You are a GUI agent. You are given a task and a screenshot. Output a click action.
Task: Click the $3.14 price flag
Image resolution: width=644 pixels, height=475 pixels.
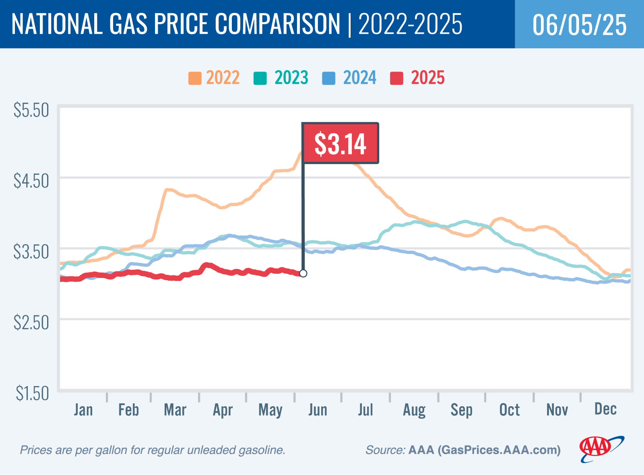pyautogui.click(x=340, y=143)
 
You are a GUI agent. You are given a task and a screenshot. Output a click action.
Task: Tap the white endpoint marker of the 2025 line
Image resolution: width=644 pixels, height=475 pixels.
pyautogui.click(x=303, y=273)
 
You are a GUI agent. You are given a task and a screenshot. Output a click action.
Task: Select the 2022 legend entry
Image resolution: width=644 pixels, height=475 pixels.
pyautogui.click(x=214, y=78)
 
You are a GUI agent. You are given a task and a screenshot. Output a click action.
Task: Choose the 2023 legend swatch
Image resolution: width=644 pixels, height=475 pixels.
pyautogui.click(x=260, y=78)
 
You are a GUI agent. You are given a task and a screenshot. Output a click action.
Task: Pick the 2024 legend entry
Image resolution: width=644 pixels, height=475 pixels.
pyautogui.click(x=350, y=78)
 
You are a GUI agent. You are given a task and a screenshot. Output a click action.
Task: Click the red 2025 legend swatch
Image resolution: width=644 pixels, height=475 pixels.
pyautogui.click(x=396, y=78)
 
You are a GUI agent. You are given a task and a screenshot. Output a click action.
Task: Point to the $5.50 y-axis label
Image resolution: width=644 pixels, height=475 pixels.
pyautogui.click(x=31, y=110)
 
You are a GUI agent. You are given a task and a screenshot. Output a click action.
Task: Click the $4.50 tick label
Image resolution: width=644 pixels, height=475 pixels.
pyautogui.click(x=31, y=181)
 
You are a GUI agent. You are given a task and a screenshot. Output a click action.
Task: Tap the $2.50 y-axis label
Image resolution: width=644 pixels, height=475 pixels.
pyautogui.click(x=31, y=322)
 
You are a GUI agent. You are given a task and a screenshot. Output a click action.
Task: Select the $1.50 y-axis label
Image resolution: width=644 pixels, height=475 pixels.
pyautogui.click(x=32, y=393)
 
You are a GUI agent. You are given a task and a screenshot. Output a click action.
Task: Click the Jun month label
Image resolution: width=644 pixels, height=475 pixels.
pyautogui.click(x=318, y=410)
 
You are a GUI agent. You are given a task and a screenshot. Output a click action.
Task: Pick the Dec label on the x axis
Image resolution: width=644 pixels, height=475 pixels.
pyautogui.click(x=605, y=409)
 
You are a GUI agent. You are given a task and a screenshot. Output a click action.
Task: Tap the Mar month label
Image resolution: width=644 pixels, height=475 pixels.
pyautogui.click(x=175, y=410)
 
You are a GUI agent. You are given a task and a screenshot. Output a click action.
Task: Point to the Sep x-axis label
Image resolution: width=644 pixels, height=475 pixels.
pyautogui.click(x=461, y=410)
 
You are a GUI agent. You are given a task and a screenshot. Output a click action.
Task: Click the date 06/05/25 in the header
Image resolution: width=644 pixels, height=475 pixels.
pyautogui.click(x=579, y=25)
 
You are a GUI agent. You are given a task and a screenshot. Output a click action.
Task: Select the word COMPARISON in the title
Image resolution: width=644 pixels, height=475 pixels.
pyautogui.click(x=278, y=24)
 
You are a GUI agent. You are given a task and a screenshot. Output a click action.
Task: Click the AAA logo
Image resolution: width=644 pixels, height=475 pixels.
pyautogui.click(x=601, y=448)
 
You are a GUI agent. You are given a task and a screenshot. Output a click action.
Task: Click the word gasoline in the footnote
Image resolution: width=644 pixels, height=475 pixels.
pyautogui.click(x=262, y=450)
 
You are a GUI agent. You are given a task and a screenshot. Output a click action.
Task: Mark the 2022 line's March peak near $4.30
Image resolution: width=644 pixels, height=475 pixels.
pyautogui.click(x=168, y=190)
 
